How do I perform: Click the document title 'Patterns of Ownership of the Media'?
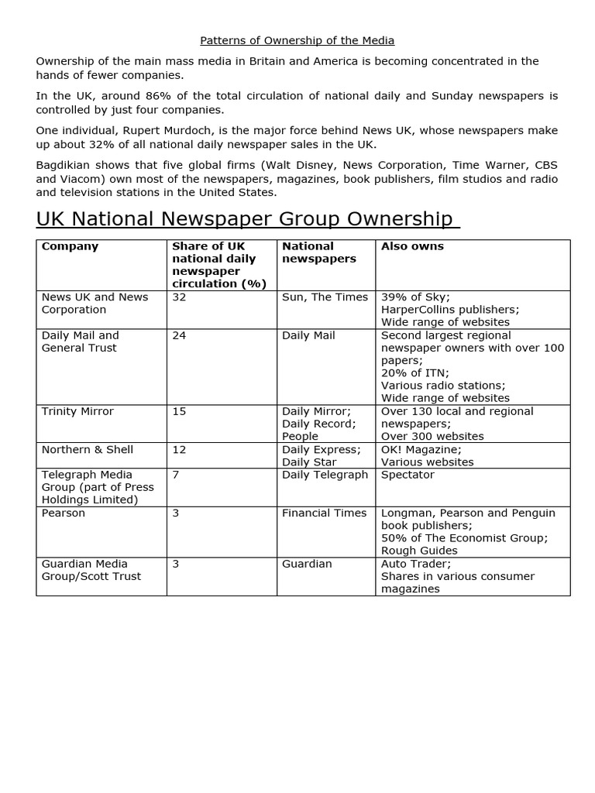pos(297,40)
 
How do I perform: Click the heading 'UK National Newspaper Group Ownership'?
pos(248,219)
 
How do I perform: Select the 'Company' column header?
pos(70,246)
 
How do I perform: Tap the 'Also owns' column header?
pos(412,246)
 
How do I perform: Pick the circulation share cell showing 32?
pos(179,297)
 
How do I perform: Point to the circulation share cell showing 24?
pos(179,335)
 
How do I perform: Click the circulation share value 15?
pos(179,411)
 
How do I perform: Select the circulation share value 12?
pos(179,449)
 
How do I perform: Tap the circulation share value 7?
pos(176,475)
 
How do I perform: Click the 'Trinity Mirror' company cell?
pos(77,411)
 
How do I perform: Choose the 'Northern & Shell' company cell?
pos(87,449)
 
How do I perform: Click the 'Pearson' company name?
pos(64,513)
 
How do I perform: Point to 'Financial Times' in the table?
pos(324,513)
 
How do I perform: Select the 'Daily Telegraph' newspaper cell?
pos(325,475)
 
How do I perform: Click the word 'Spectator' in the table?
pos(408,475)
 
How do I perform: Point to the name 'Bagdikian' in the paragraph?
pos(63,166)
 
